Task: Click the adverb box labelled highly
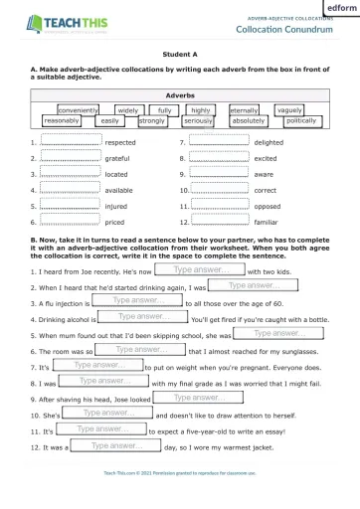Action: tap(201, 109)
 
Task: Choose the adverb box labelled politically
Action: tap(300, 120)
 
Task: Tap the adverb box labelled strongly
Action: tap(152, 121)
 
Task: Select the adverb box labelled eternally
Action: tap(244, 110)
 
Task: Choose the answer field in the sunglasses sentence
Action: tap(145, 349)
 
